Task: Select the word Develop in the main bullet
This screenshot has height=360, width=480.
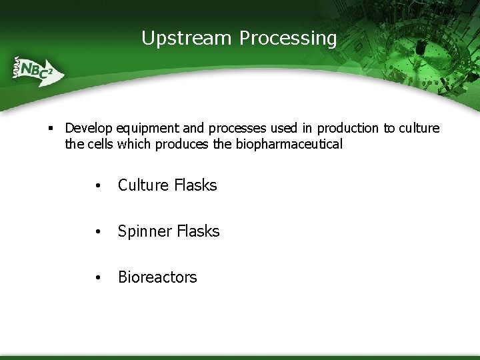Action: (89, 128)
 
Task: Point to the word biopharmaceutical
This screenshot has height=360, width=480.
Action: (289, 144)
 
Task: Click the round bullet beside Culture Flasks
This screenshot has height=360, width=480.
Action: (98, 186)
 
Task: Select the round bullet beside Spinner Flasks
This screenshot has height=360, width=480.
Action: (98, 232)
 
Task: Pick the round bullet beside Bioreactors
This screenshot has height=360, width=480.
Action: (98, 278)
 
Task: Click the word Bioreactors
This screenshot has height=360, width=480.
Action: (157, 277)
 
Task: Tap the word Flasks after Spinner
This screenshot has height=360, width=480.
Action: (198, 231)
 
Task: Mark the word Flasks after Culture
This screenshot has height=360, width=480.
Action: (195, 185)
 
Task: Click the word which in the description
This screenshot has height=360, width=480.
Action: (134, 144)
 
